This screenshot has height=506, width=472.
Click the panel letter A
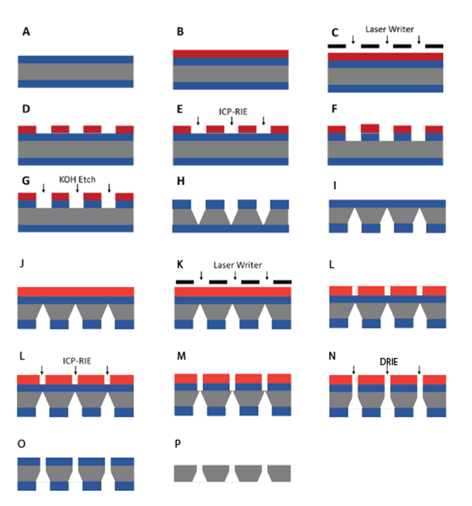[x=26, y=32]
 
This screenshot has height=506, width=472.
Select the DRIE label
[x=388, y=360]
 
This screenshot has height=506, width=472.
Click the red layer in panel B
[x=230, y=54]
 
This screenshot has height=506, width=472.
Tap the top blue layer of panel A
[x=75, y=59]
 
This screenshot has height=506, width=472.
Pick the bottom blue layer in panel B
[x=230, y=86]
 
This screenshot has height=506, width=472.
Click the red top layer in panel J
[x=75, y=291]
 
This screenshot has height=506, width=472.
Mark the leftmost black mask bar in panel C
[x=337, y=46]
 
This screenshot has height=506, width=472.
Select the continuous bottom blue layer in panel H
[x=230, y=228]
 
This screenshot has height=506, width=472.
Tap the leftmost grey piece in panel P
[x=186, y=473]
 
